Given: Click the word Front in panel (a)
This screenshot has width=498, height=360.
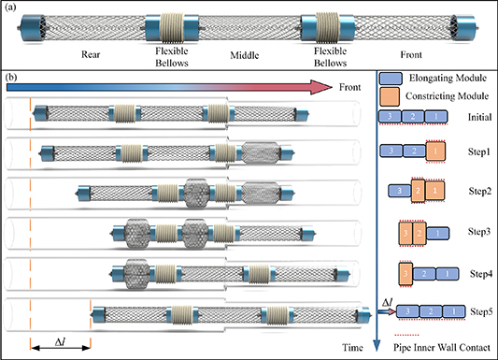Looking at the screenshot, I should pyautogui.click(x=404, y=54).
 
